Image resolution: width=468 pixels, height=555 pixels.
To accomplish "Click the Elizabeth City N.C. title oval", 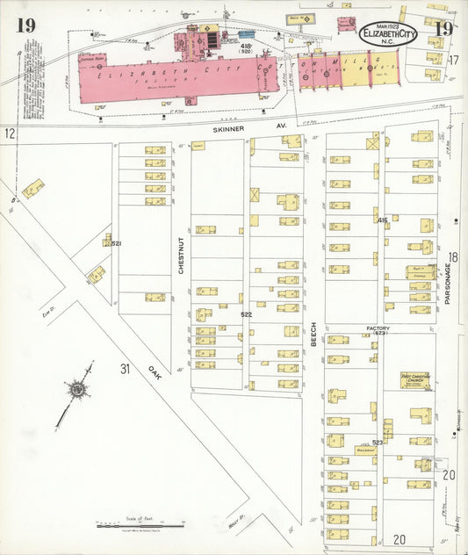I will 389,33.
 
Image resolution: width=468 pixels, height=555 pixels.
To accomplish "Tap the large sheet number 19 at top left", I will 25,25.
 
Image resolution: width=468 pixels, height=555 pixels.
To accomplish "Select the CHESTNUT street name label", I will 183,256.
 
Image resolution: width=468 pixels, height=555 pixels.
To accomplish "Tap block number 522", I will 247,314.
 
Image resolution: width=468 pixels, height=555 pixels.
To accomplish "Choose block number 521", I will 115,243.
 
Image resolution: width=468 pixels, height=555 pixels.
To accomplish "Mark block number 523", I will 377,443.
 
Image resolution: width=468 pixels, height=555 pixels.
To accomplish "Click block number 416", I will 383,220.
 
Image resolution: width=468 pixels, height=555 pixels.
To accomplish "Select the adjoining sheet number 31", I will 126,370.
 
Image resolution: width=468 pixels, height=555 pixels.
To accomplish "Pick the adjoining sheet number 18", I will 453,257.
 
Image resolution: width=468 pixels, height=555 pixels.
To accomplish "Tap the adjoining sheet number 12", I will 10,133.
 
